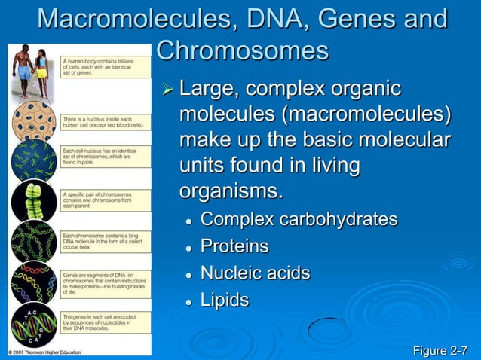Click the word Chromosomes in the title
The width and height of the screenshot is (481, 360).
[x=243, y=51]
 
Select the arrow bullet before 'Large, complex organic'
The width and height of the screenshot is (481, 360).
[x=168, y=91]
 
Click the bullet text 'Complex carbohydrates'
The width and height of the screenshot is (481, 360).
[x=299, y=220]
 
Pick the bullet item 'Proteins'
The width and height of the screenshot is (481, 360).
[x=234, y=246]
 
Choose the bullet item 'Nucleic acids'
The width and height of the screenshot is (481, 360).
[x=255, y=273]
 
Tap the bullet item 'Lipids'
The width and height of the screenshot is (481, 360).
[x=224, y=299]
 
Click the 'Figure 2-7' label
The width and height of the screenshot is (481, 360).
[x=440, y=350]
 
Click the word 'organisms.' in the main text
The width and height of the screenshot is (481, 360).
[x=231, y=190]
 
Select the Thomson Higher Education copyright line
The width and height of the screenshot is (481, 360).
[x=51, y=352]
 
